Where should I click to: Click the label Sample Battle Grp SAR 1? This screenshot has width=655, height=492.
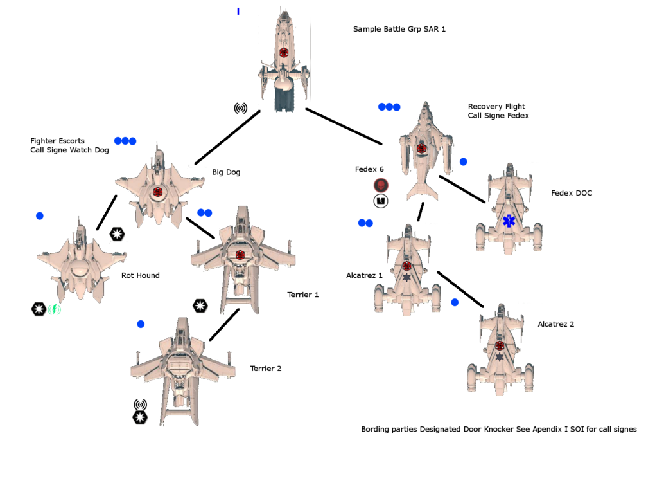tap(399, 30)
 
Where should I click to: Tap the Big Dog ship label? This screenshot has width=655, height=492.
tap(226, 172)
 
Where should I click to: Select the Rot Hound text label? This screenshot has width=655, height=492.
tap(140, 276)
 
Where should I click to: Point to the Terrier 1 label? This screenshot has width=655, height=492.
tap(302, 295)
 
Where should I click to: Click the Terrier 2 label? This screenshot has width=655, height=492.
tap(265, 369)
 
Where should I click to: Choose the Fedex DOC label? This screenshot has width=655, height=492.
tap(571, 193)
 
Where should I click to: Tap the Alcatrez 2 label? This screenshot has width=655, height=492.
tap(555, 324)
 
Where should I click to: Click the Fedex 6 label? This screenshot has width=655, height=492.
tap(369, 170)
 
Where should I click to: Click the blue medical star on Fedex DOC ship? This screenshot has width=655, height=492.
tap(509, 221)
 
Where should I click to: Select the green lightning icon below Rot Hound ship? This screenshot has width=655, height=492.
tap(54, 309)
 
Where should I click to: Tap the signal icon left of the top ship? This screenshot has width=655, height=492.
tap(240, 108)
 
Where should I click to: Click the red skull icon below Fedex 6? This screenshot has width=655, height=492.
tap(380, 185)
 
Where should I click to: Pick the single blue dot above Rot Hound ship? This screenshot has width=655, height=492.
tap(40, 216)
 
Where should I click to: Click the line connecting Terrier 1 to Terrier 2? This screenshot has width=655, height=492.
tap(224, 325)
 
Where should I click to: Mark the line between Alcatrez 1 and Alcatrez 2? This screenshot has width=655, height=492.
tap(460, 289)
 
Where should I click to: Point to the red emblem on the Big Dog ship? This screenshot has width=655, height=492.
tap(158, 192)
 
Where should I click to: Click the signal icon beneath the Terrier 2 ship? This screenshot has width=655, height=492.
tap(139, 405)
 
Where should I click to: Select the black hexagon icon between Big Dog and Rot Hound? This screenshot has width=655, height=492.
tap(117, 234)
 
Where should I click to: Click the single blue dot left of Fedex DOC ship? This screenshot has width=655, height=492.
tap(463, 162)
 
